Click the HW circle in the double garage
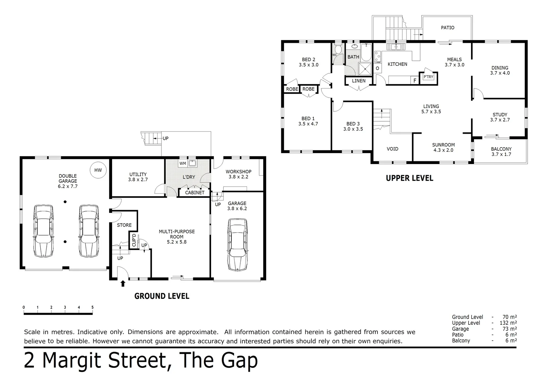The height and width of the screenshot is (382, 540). pos(98,170)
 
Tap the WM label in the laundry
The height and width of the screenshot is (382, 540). pos(183,163)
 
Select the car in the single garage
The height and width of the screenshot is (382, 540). pos(237,244)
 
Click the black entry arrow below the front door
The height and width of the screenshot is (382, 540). pos(123,283)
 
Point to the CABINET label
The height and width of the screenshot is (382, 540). pos(195,193)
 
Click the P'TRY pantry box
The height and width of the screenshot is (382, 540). pos(428,77)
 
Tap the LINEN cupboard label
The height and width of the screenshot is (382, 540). pos(359,81)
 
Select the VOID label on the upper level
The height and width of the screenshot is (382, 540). pos(392,149)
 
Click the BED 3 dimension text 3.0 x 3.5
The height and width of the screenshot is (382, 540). pos(353,129)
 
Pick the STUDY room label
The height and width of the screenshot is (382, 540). pos(500,115)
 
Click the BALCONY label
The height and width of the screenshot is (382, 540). pos(501,149)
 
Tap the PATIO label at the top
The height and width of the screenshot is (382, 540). pos(447,28)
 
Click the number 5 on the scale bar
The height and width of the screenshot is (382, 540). pos(92,307)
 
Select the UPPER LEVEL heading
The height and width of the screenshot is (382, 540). pos(409,178)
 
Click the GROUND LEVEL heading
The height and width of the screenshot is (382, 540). pos(162,296)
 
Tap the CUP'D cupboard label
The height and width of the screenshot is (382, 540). pos(134,240)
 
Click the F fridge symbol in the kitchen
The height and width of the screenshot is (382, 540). pos(415,81)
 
